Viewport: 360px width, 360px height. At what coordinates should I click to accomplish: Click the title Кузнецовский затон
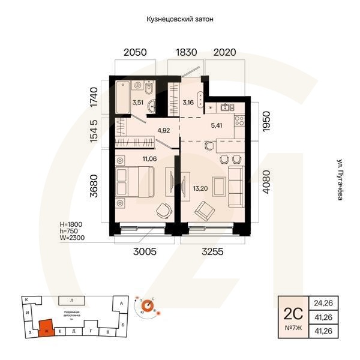180,19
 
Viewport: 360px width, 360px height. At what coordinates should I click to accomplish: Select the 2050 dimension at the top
135,53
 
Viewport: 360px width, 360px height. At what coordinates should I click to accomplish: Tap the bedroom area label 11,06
150,158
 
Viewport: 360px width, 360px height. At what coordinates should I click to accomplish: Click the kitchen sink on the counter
226,108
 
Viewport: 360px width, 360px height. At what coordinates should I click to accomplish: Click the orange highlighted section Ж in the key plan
44,328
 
